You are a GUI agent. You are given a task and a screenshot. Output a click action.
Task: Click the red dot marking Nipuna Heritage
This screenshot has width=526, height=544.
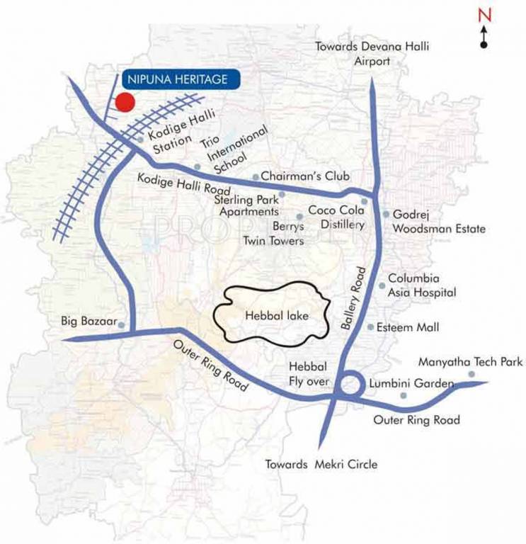(125, 102)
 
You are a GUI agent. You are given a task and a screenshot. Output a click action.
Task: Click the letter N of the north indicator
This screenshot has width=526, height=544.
(484, 15)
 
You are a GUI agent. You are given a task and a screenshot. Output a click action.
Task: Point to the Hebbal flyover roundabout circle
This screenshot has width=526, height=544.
(351, 387)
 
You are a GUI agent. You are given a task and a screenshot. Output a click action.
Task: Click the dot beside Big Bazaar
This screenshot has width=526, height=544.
(122, 325)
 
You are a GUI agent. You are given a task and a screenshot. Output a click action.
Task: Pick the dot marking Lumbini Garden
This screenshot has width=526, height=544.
(404, 395)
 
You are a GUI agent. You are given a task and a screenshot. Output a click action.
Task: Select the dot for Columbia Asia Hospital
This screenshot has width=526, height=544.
(382, 285)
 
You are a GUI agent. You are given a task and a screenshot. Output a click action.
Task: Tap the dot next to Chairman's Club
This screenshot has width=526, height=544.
(256, 177)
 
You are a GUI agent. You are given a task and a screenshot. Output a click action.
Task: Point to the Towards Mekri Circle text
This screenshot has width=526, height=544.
(321, 465)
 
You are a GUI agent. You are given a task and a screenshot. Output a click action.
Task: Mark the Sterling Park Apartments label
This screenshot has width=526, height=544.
(246, 205)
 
